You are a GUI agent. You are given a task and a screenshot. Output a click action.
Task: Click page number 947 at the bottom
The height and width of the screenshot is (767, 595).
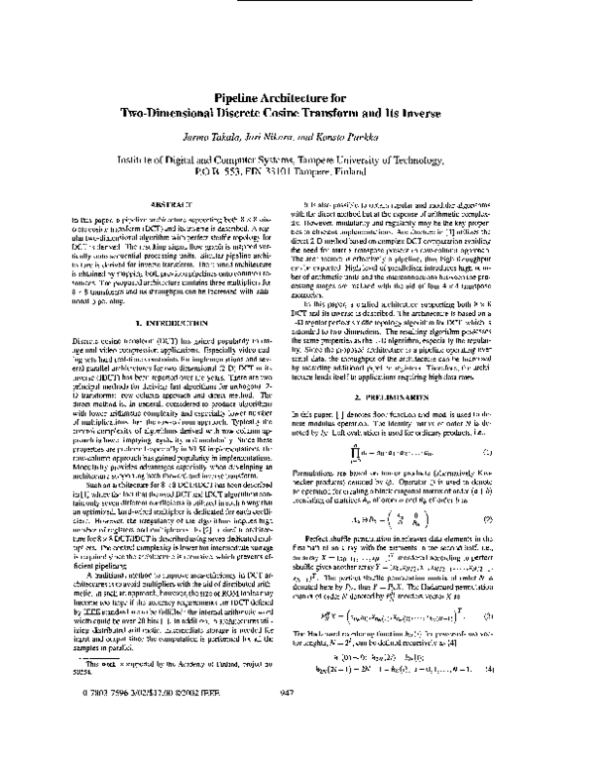[297, 749]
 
